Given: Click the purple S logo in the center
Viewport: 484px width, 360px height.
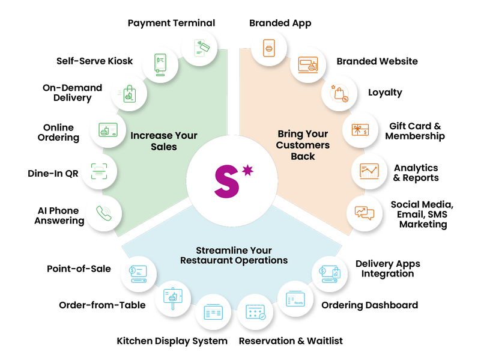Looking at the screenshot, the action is (227, 182).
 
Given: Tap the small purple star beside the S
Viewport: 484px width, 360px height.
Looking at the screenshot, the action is (247, 170).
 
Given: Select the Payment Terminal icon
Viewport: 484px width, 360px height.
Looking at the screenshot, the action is (202, 48).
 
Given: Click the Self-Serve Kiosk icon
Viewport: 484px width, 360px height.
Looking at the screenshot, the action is (160, 64).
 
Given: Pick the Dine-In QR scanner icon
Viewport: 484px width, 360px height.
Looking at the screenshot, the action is (99, 171).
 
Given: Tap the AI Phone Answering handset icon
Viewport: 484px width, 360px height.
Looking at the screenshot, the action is (104, 213).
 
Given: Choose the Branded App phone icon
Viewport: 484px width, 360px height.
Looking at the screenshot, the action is (269, 48).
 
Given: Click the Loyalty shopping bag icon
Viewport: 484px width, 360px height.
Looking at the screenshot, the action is (339, 93).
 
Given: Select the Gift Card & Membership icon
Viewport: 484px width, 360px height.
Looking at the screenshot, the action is (360, 129).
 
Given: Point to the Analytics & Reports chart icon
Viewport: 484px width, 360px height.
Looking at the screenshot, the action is (369, 171).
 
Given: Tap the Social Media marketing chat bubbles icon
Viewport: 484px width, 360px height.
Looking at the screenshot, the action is (365, 213).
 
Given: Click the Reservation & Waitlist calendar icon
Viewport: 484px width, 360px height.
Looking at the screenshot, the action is (255, 312).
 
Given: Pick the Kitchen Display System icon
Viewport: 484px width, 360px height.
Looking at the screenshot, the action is (213, 312).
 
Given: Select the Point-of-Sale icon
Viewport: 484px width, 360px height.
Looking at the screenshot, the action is (138, 274).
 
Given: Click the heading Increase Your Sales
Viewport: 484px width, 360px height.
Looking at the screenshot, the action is (164, 141).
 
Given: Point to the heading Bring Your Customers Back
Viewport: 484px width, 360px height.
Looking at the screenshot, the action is (303, 145).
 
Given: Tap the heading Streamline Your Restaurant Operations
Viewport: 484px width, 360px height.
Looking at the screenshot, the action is (234, 255).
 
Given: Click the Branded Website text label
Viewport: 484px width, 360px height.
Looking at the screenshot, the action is (377, 61).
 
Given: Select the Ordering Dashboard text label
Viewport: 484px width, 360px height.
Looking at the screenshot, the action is (370, 305).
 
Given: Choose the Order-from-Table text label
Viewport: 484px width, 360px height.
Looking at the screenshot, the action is (102, 305).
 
